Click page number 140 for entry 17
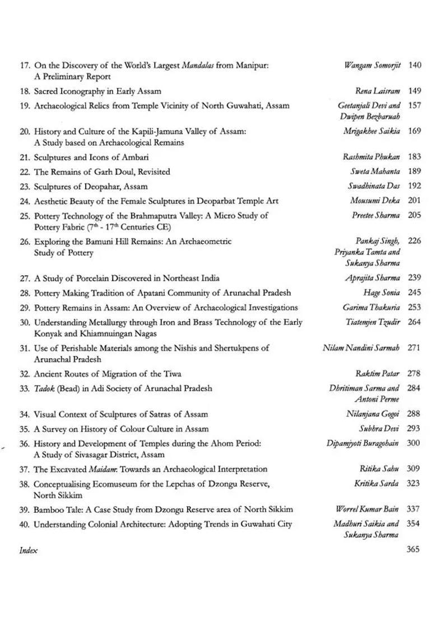(x=415, y=65)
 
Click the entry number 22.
(x=24, y=172)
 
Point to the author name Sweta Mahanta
(x=375, y=172)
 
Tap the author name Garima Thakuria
(x=371, y=308)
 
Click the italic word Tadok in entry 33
(x=44, y=388)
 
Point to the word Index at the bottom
(x=28, y=550)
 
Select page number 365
(x=413, y=550)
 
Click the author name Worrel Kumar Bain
(x=368, y=509)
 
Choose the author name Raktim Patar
(x=378, y=374)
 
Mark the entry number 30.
(x=24, y=322)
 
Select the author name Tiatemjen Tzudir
(x=373, y=322)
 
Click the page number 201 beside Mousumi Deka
(x=415, y=201)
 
